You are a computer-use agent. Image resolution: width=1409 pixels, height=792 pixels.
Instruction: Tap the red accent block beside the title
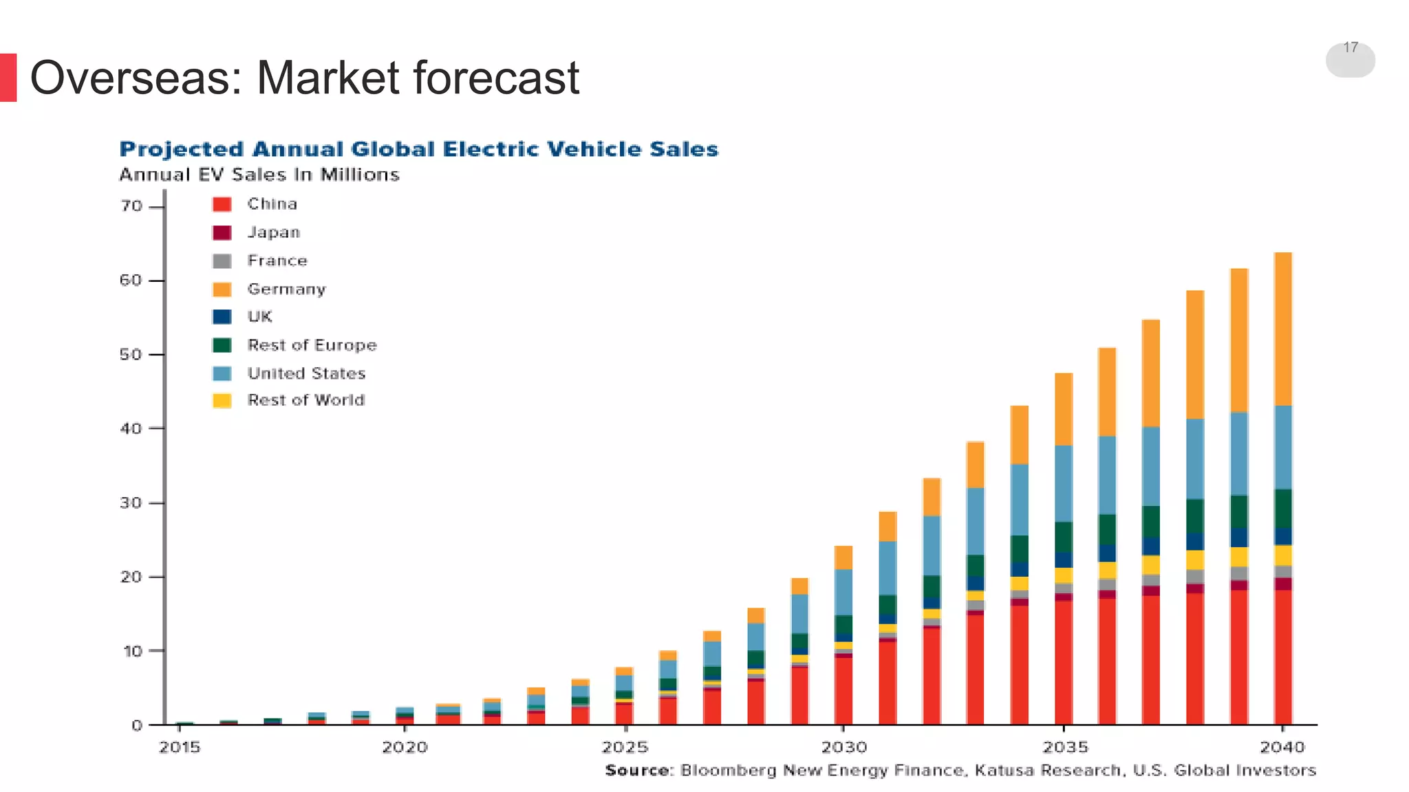click(x=8, y=78)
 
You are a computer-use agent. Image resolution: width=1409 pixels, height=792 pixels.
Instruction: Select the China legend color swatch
click(x=222, y=204)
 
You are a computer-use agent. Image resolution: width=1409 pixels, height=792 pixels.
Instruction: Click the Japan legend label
click(x=274, y=232)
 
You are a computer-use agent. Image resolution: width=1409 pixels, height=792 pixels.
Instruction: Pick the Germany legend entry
click(x=286, y=289)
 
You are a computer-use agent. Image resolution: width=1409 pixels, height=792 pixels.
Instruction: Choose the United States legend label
click(x=306, y=373)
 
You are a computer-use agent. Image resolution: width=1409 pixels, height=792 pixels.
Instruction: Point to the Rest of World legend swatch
click(x=222, y=401)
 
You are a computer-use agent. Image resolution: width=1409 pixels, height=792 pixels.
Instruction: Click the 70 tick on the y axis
click(x=131, y=206)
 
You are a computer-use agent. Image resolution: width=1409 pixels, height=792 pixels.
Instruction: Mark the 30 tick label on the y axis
click(x=131, y=503)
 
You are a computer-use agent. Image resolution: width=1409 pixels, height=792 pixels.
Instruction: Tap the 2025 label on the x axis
click(x=625, y=747)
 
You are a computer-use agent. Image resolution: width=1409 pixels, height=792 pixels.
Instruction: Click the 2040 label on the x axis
click(x=1282, y=747)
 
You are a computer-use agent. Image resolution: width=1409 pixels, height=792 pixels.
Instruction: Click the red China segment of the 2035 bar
click(x=1064, y=660)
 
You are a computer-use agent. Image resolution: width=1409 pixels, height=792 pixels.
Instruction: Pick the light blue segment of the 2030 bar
click(x=843, y=591)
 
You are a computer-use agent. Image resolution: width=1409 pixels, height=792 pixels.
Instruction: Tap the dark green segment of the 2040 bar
click(x=1282, y=508)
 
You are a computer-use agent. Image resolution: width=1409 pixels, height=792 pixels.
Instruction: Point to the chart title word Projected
click(x=182, y=149)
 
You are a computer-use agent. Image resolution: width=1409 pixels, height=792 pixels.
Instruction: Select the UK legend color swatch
click(x=222, y=317)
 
